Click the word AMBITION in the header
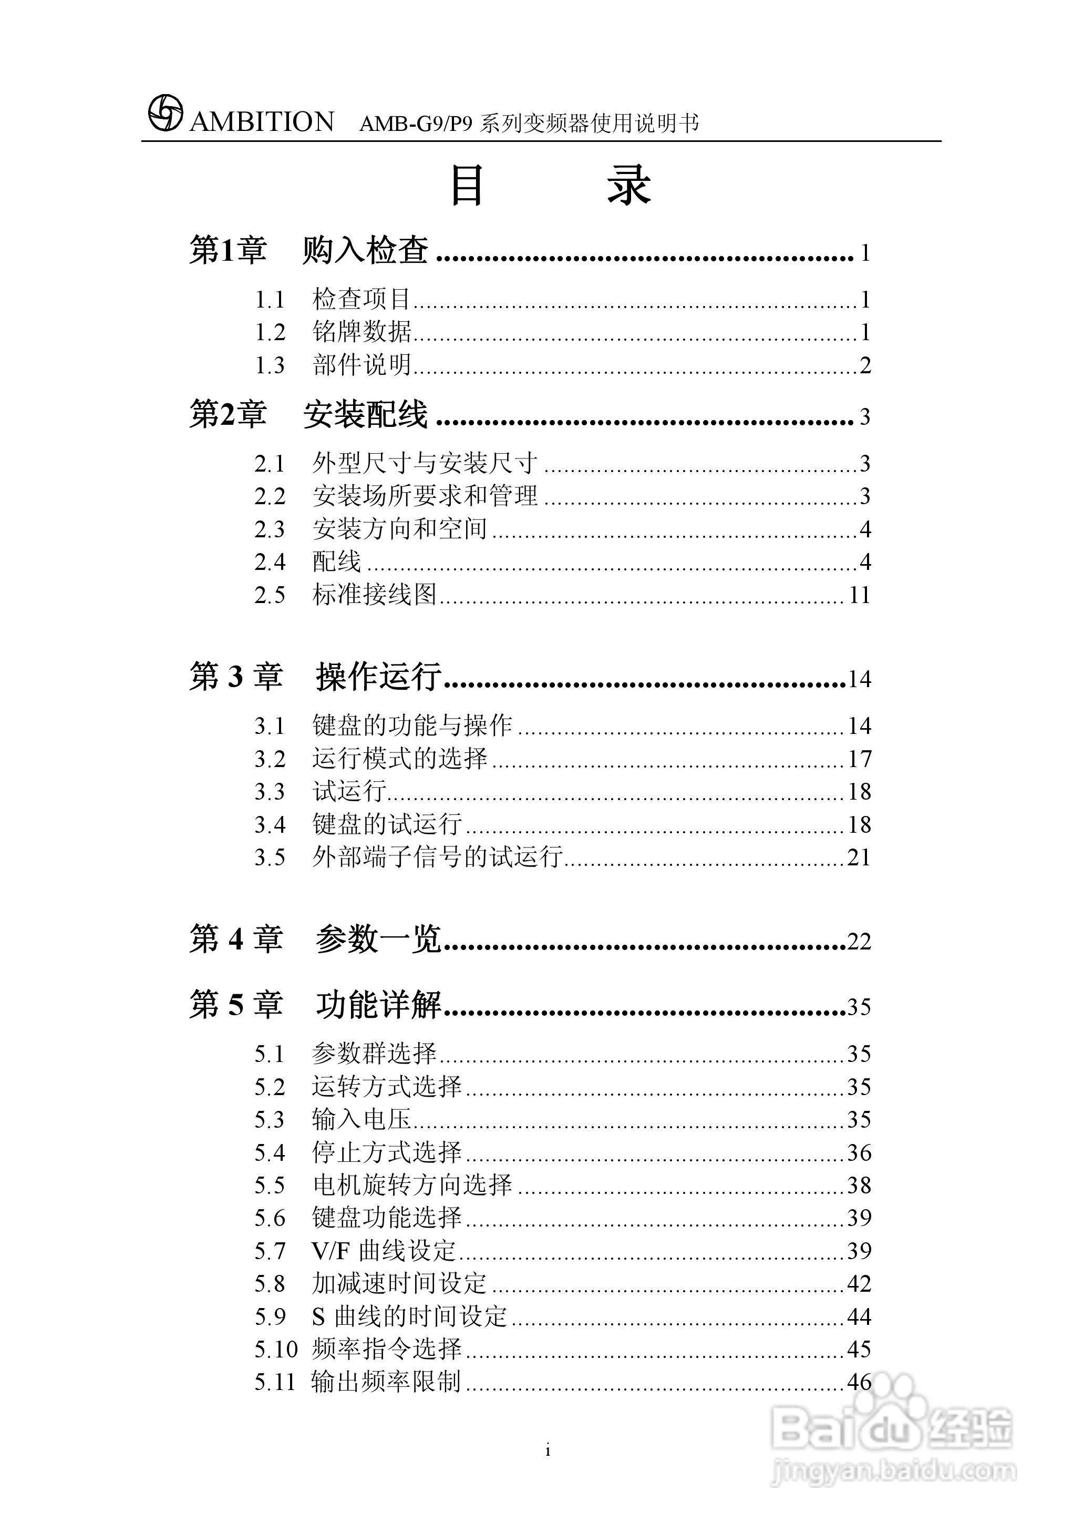262,122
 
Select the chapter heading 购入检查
365,251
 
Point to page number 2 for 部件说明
865,365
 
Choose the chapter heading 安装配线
365,415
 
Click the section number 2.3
270,529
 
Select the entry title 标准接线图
375,595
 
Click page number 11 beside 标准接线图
860,595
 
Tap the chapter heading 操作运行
378,677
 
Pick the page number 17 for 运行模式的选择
860,759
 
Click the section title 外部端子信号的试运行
437,857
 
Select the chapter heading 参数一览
378,939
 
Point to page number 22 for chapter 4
860,942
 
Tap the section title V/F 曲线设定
384,1251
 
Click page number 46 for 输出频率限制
860,1382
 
